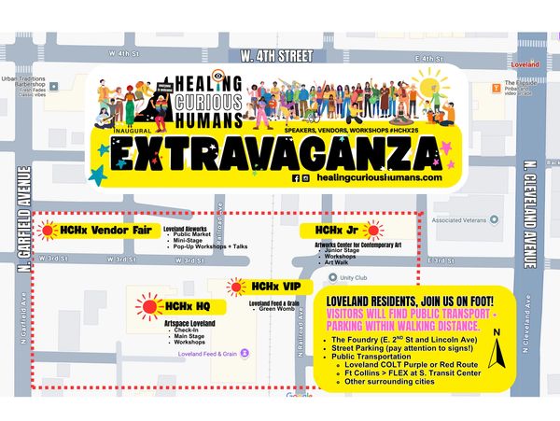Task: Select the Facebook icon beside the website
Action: click(296, 177)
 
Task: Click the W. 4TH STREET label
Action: click(276, 57)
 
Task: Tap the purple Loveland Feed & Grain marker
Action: click(245, 354)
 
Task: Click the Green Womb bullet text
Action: click(277, 308)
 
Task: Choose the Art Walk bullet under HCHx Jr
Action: click(337, 262)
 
